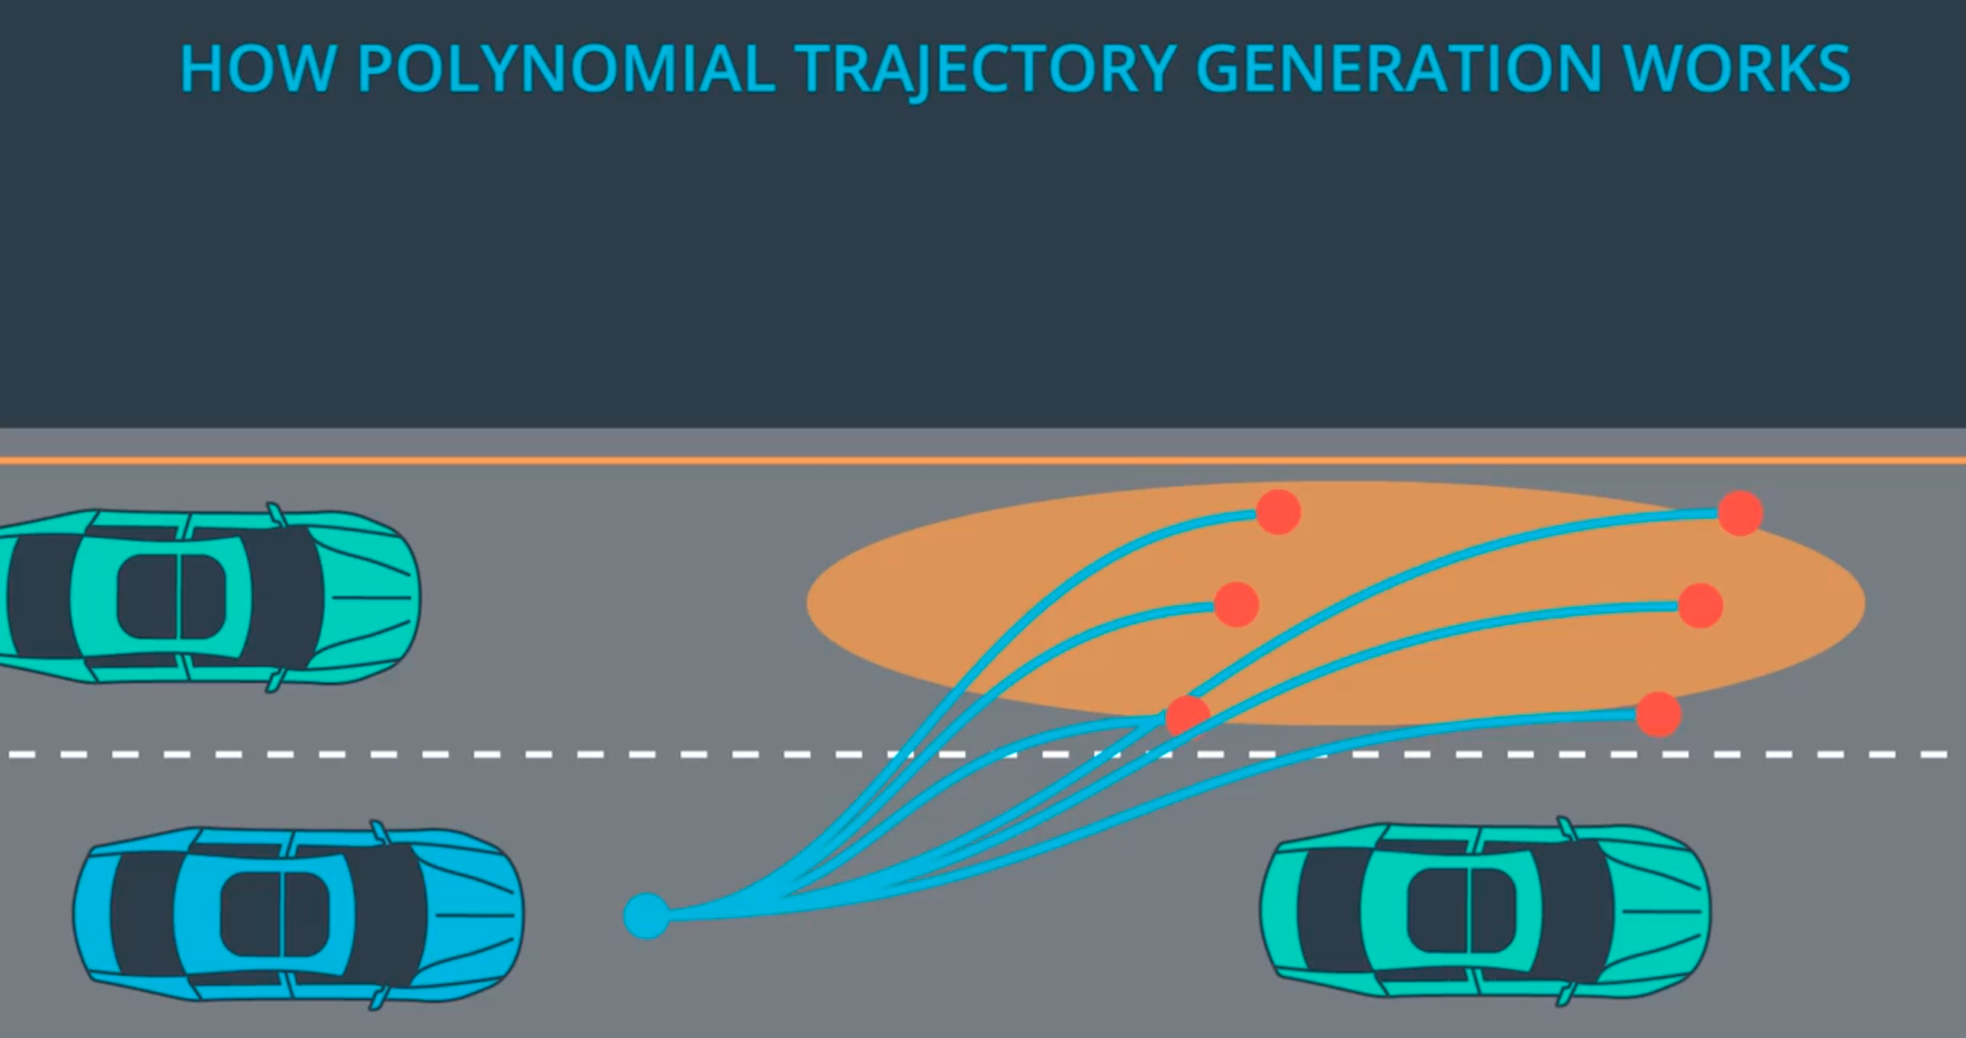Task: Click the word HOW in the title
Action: point(258,68)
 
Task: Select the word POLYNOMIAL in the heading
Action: point(566,68)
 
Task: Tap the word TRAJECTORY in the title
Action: point(985,71)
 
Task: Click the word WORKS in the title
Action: point(1737,68)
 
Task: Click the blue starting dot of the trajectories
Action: point(646,916)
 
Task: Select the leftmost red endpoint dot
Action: point(1187,716)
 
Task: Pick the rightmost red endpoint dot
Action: point(1741,513)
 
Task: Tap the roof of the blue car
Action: point(274,915)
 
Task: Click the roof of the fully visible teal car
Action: point(1460,911)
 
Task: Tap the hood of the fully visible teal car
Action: point(1662,911)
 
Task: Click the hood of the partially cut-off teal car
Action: point(371,598)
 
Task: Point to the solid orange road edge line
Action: point(983,461)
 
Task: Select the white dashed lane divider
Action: point(978,755)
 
